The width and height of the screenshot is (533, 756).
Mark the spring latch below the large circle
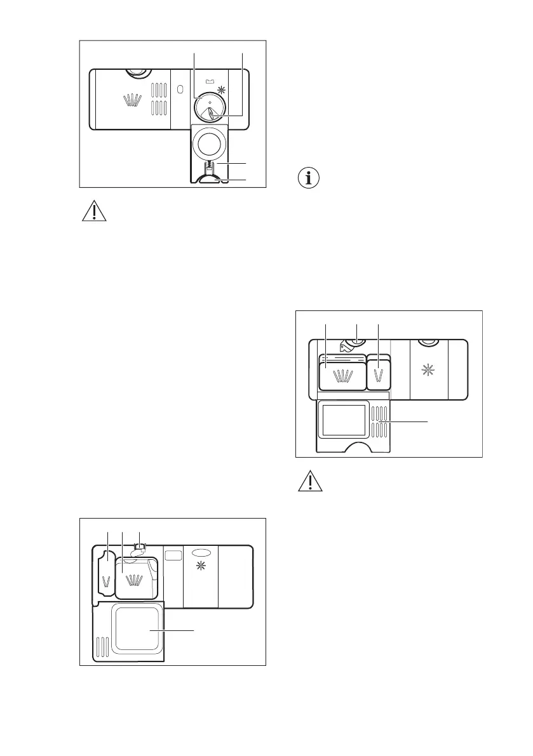point(209,168)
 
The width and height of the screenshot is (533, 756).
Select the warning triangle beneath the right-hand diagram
point(309,482)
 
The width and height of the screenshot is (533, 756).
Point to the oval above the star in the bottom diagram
point(200,553)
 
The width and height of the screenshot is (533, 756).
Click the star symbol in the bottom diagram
point(201,566)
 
